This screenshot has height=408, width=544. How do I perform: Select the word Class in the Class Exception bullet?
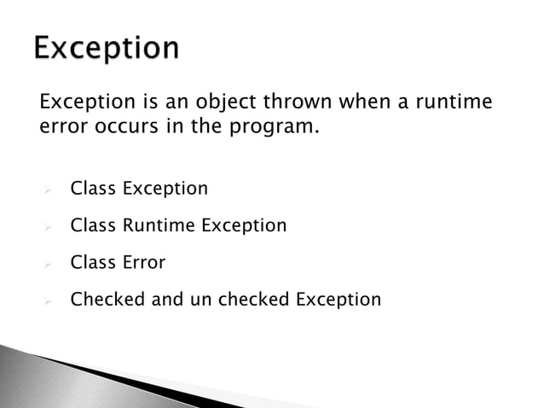coord(94,188)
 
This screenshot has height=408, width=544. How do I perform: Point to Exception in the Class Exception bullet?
coord(165,189)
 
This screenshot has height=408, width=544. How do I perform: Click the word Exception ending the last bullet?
coord(339,300)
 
